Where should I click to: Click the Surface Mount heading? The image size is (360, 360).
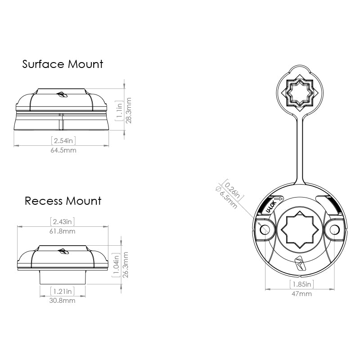click(63, 64)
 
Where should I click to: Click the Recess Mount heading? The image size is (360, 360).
click(63, 201)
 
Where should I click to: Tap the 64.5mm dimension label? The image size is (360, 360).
click(63, 150)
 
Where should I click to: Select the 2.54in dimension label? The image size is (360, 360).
click(63, 140)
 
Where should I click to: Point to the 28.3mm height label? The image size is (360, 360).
click(129, 110)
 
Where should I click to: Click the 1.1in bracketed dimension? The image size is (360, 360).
click(119, 111)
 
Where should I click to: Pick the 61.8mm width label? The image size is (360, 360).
click(63, 231)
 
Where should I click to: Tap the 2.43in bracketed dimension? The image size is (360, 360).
click(63, 221)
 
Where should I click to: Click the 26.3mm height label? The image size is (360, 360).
click(126, 265)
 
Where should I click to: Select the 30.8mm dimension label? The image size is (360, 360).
click(63, 301)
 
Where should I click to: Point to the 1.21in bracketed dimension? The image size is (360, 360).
click(63, 291)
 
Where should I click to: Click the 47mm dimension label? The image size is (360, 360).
click(301, 294)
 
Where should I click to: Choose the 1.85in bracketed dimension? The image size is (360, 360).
click(301, 284)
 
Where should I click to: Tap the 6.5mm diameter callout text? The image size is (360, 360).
click(226, 198)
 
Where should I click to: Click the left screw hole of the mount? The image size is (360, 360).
click(265, 229)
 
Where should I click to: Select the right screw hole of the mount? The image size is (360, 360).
click(334, 229)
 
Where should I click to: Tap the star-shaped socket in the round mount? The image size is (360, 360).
click(300, 230)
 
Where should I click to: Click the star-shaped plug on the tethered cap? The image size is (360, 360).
click(299, 93)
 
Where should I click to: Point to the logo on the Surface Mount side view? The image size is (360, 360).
click(62, 94)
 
